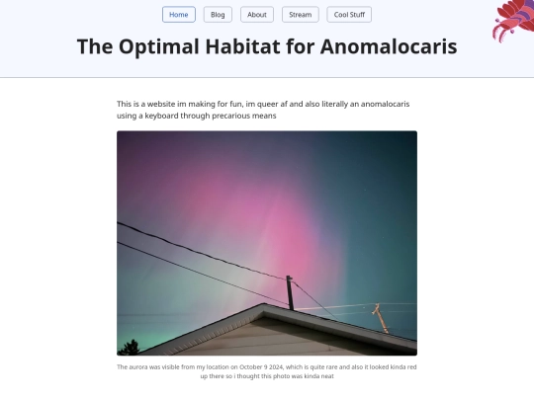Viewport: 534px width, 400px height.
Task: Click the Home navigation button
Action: click(179, 15)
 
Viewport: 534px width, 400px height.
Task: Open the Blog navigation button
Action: click(218, 15)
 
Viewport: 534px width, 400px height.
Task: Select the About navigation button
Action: click(257, 15)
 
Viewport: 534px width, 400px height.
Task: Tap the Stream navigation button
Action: click(301, 15)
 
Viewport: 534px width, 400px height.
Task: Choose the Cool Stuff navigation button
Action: click(349, 15)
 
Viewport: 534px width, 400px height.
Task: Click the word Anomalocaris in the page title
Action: click(389, 46)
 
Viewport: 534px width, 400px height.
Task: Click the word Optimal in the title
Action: click(158, 47)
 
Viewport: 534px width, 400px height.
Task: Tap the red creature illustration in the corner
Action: click(513, 20)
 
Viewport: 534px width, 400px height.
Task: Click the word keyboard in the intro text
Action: click(161, 116)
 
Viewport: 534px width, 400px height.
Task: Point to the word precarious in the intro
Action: click(230, 116)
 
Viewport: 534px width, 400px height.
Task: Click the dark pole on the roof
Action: click(290, 292)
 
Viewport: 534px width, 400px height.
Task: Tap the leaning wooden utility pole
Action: click(381, 318)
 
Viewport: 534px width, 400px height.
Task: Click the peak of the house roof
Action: click(264, 304)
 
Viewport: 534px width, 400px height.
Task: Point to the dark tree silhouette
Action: click(129, 348)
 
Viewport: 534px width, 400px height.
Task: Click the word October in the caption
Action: click(250, 367)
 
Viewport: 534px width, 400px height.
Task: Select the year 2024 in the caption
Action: click(276, 367)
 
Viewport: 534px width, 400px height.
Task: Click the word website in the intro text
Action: click(161, 104)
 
